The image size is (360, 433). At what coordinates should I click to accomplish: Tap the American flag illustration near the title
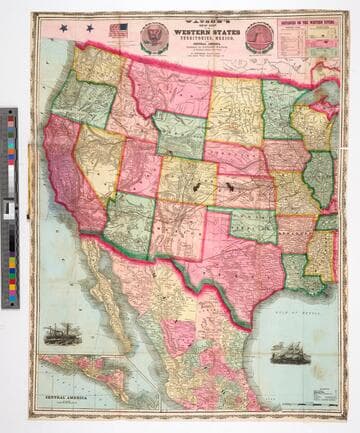click(x=118, y=30)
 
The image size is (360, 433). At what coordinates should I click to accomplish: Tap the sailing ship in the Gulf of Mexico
click(x=289, y=354)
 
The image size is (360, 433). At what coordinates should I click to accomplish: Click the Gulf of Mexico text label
click(x=294, y=313)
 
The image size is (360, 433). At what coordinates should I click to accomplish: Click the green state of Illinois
click(x=319, y=175)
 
